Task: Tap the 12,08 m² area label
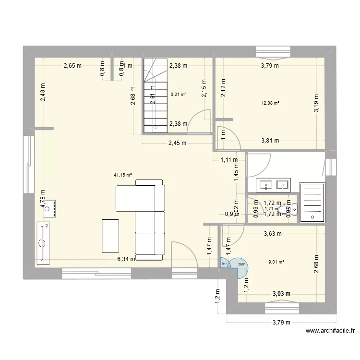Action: [x=270, y=103]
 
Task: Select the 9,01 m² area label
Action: [x=276, y=262]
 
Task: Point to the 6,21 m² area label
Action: [x=178, y=95]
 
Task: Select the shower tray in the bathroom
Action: [x=312, y=203]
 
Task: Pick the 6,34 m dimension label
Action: [x=126, y=259]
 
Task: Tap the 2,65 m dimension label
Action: [x=72, y=66]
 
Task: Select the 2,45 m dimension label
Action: [x=177, y=143]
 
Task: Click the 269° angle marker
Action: [x=240, y=264]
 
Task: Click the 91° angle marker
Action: [x=224, y=264]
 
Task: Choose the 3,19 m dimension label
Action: [x=317, y=102]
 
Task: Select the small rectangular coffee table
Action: [x=110, y=235]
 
